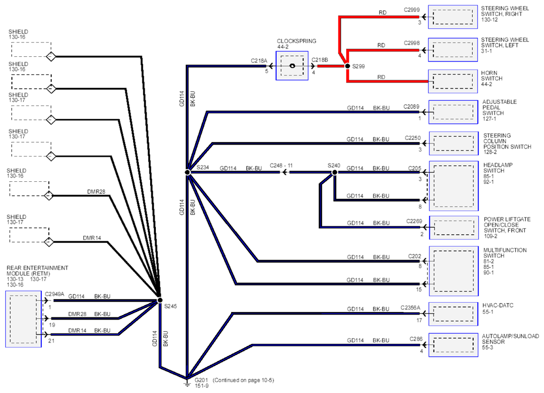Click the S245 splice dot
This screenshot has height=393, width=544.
159,300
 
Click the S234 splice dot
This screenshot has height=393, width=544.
187,172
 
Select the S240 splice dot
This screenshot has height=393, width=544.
334,172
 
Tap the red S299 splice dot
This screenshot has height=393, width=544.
347,66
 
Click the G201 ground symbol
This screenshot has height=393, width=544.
187,383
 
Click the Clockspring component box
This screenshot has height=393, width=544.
292,66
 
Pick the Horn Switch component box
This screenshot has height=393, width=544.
453,81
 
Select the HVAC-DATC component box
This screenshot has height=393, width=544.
453,314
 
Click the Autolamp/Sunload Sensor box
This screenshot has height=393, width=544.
453,345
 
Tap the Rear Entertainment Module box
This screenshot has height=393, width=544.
23,319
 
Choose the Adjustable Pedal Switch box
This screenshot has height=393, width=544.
453,112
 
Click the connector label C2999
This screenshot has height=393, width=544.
412,10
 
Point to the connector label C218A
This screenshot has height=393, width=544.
259,61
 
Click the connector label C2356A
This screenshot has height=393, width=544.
410,308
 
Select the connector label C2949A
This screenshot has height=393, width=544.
55,294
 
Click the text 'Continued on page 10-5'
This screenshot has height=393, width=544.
243,380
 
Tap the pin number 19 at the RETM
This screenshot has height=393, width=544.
52,325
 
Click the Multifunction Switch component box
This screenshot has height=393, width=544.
454,271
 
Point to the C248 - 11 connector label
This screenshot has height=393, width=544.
281,166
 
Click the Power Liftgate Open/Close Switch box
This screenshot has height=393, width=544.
454,227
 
